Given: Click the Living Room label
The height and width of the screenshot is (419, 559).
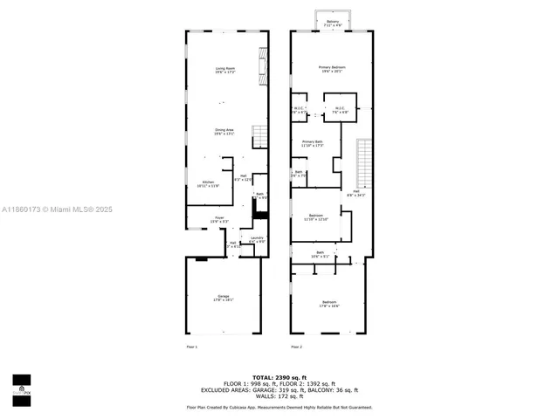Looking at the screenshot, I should [226, 70].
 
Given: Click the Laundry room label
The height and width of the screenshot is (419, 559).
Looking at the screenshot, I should [257, 239].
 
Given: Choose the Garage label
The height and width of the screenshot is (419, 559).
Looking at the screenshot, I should [224, 298].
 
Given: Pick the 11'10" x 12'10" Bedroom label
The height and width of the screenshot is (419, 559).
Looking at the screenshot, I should [316, 216].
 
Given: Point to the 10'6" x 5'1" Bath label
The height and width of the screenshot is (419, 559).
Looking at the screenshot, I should [320, 255].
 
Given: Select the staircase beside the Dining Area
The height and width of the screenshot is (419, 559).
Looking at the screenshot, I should [259, 137].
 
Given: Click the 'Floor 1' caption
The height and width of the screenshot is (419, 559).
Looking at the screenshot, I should [192, 347].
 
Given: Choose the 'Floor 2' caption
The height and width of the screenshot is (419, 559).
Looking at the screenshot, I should [296, 347].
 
